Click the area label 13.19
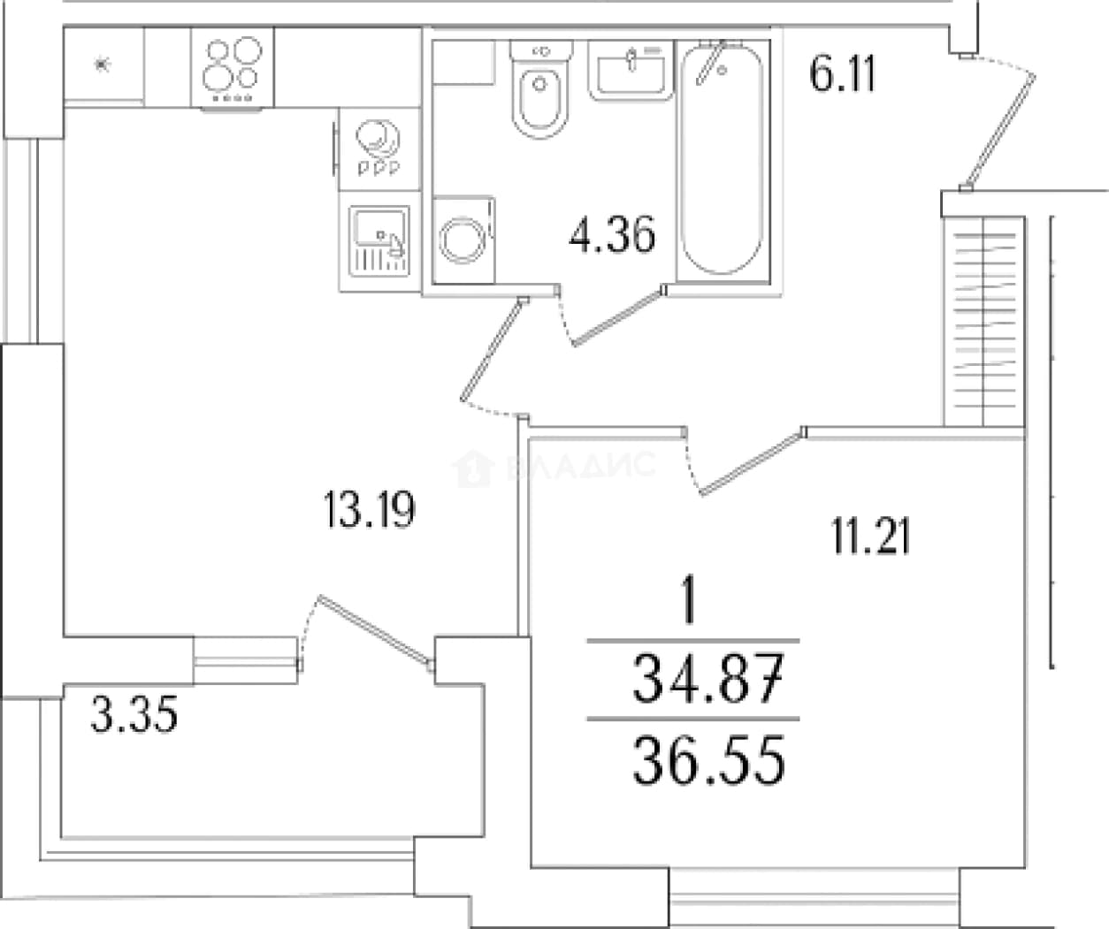pyautogui.click(x=370, y=510)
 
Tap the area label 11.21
pyautogui.click(x=870, y=537)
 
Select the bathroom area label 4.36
pyautogui.click(x=612, y=234)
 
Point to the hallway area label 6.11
pyautogui.click(x=843, y=73)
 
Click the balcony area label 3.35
pyautogui.click(x=134, y=714)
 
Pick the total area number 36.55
pyautogui.click(x=708, y=760)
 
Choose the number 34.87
pyautogui.click(x=708, y=679)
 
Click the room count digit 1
pyautogui.click(x=688, y=600)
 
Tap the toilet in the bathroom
pyautogui.click(x=540, y=89)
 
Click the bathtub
pyautogui.click(x=723, y=160)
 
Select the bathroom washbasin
pyautogui.click(x=631, y=71)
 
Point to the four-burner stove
pyautogui.click(x=232, y=69)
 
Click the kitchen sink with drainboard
pyautogui.click(x=379, y=241)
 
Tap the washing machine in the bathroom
pyautogui.click(x=463, y=240)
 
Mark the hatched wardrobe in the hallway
pyautogui.click(x=983, y=321)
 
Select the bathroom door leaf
pyautogui.click(x=618, y=317)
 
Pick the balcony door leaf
pyautogui.click(x=375, y=630)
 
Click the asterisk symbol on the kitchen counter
pyautogui.click(x=102, y=65)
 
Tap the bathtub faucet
pyautogui.click(x=711, y=62)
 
